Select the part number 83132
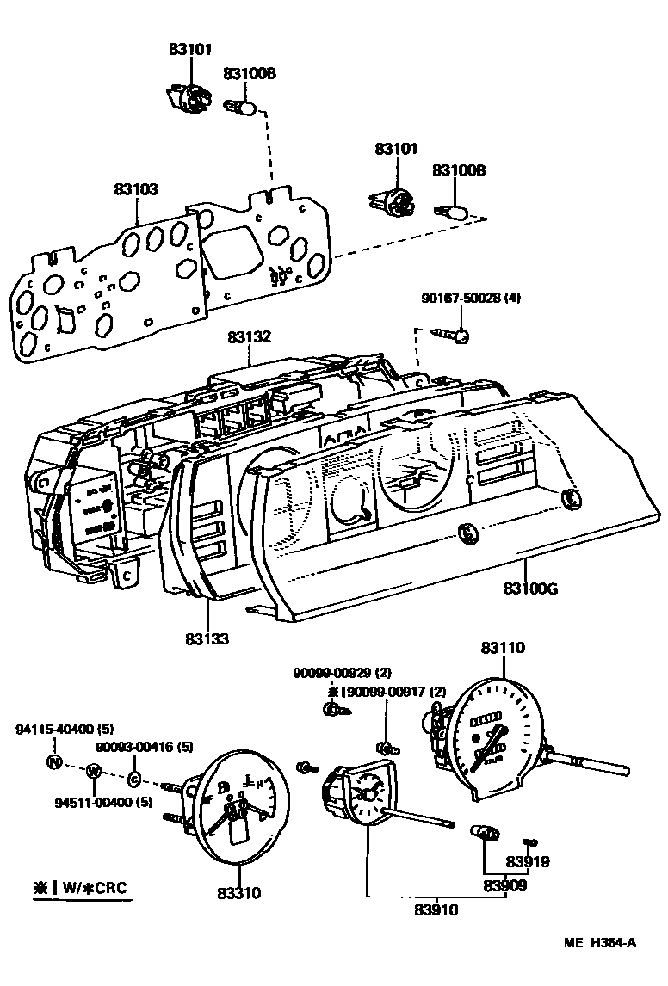coord(249,338)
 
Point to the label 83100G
coord(531,589)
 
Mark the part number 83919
coord(528,862)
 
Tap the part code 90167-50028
coord(461,299)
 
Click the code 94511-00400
coord(91,802)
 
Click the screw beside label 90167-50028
coord(451,335)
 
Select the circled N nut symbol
coord(54,761)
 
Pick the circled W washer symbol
coord(94,771)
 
